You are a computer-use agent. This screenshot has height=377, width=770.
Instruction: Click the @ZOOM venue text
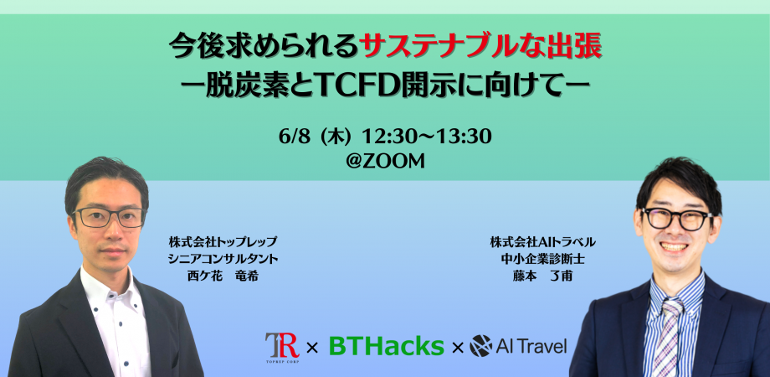[x=385, y=162]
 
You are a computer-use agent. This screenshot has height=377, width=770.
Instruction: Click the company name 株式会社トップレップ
[x=223, y=242]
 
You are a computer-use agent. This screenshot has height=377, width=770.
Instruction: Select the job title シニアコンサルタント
[x=223, y=259]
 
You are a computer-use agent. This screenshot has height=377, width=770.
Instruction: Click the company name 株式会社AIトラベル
[x=542, y=242]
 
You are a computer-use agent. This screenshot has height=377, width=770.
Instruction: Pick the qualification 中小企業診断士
[x=542, y=259]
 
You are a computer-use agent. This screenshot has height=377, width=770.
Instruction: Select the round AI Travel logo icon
[x=480, y=346]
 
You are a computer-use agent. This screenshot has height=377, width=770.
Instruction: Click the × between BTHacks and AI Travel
[x=457, y=348]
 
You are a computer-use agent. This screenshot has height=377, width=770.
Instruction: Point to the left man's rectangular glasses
[x=109, y=217]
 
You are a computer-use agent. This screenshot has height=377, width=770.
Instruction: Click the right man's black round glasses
[x=677, y=219]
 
